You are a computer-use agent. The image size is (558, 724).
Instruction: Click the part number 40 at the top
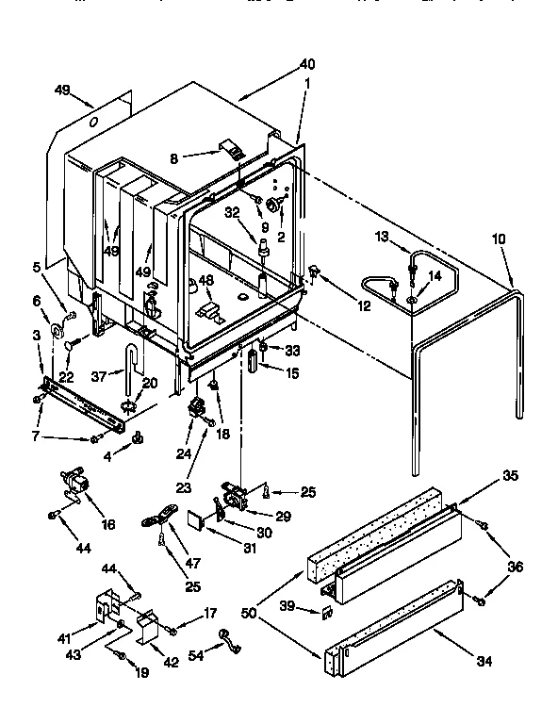coord(307,64)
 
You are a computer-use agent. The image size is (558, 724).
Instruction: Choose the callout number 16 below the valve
coord(108,523)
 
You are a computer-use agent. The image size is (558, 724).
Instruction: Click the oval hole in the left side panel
coord(93,123)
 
